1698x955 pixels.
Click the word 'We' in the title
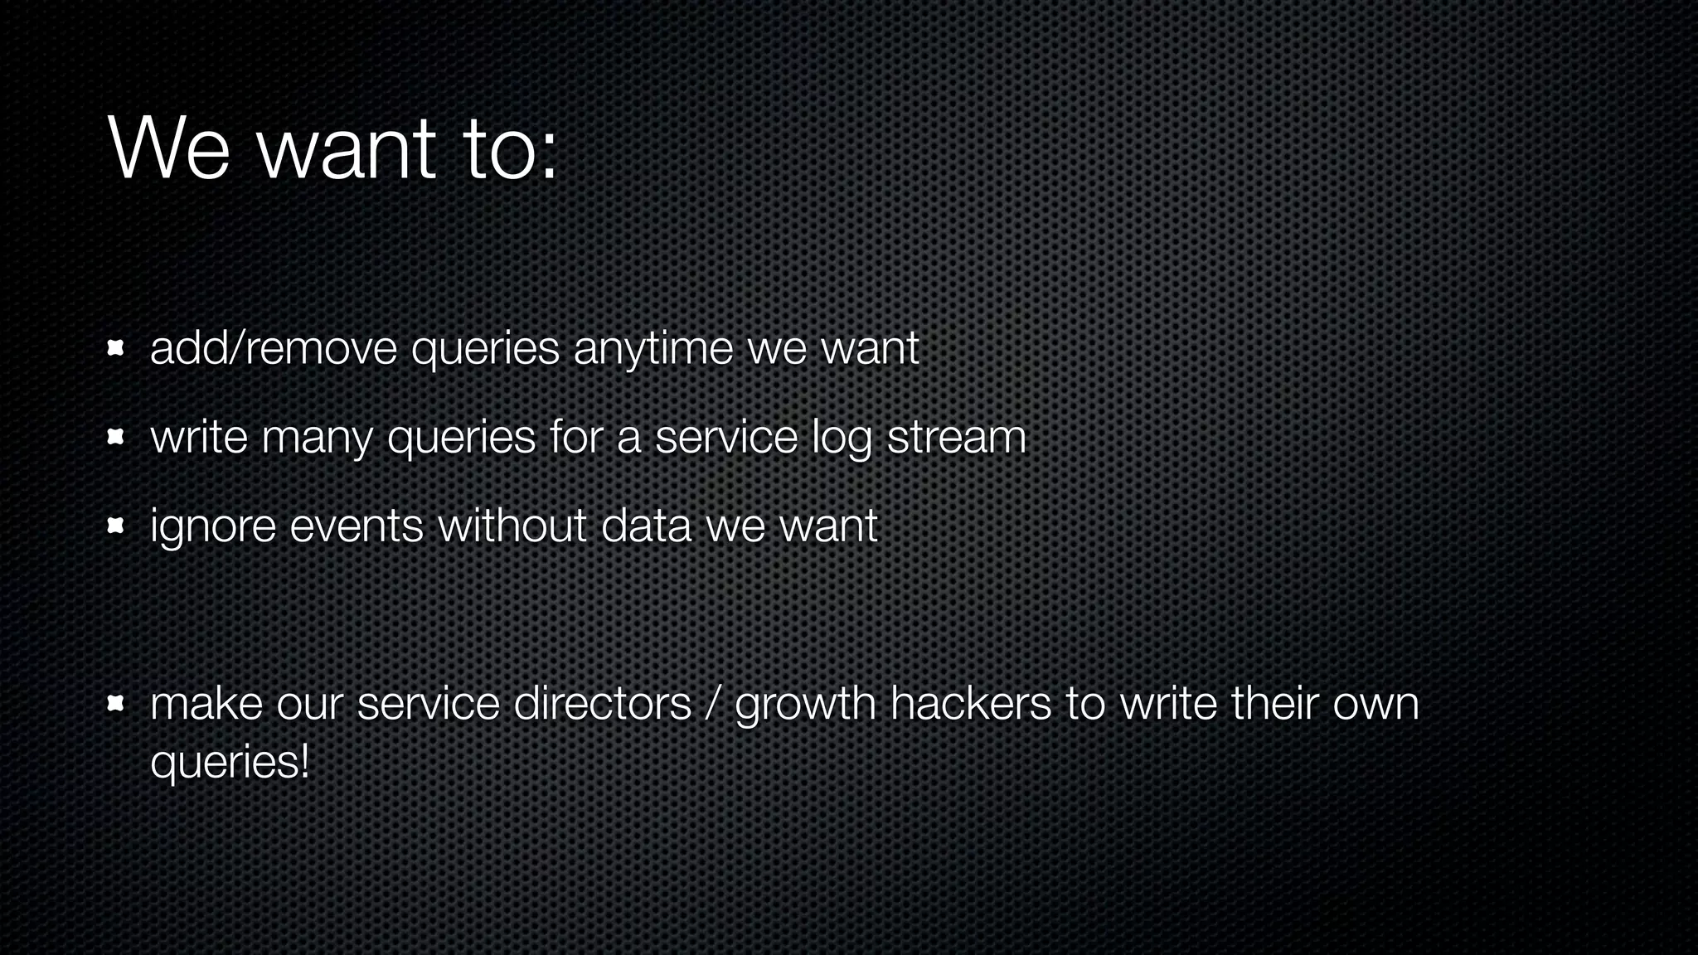click(168, 149)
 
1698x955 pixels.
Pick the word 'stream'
click(956, 438)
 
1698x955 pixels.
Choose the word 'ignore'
click(213, 528)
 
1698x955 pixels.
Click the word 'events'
click(357, 526)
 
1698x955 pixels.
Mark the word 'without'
click(512, 526)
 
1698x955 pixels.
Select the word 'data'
click(646, 526)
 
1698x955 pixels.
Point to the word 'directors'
click(602, 705)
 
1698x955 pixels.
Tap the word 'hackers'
click(971, 705)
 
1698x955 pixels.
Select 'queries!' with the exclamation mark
click(230, 763)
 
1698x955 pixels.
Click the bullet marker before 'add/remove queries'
click(115, 348)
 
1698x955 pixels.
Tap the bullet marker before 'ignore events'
click(115, 526)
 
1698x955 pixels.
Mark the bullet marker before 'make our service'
click(115, 705)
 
